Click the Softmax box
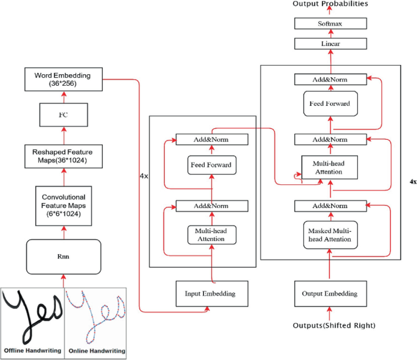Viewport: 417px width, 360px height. click(x=331, y=24)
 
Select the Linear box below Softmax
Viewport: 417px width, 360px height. click(x=331, y=44)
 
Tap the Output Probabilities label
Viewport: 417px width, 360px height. click(x=330, y=4)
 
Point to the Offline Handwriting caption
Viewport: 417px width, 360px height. click(x=32, y=351)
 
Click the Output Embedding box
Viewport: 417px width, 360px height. click(x=330, y=294)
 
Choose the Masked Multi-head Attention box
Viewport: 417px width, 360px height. click(x=330, y=234)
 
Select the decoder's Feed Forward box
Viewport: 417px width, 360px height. click(x=330, y=104)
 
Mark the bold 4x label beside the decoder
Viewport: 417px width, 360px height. click(x=413, y=182)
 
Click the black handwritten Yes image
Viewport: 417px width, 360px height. click(x=32, y=314)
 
